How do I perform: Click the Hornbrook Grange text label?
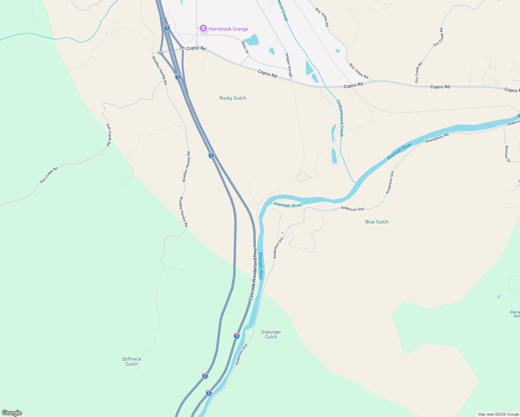(228, 29)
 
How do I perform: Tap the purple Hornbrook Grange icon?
(203, 29)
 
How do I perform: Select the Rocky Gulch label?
(233, 98)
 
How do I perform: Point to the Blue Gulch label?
(377, 222)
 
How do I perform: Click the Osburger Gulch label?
(271, 334)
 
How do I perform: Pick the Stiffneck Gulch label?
(132, 361)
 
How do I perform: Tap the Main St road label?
(245, 47)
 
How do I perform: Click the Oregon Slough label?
(289, 65)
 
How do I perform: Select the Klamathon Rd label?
(437, 138)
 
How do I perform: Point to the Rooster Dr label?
(507, 154)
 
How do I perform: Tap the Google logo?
(12, 413)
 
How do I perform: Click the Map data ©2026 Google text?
(498, 414)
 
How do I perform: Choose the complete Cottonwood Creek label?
(340, 118)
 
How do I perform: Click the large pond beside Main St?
(252, 40)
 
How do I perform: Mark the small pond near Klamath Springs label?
(499, 297)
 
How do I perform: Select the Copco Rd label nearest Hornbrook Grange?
(196, 48)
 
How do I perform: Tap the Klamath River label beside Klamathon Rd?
(399, 152)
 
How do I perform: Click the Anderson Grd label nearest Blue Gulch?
(352, 209)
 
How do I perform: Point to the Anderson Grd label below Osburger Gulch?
(241, 354)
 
